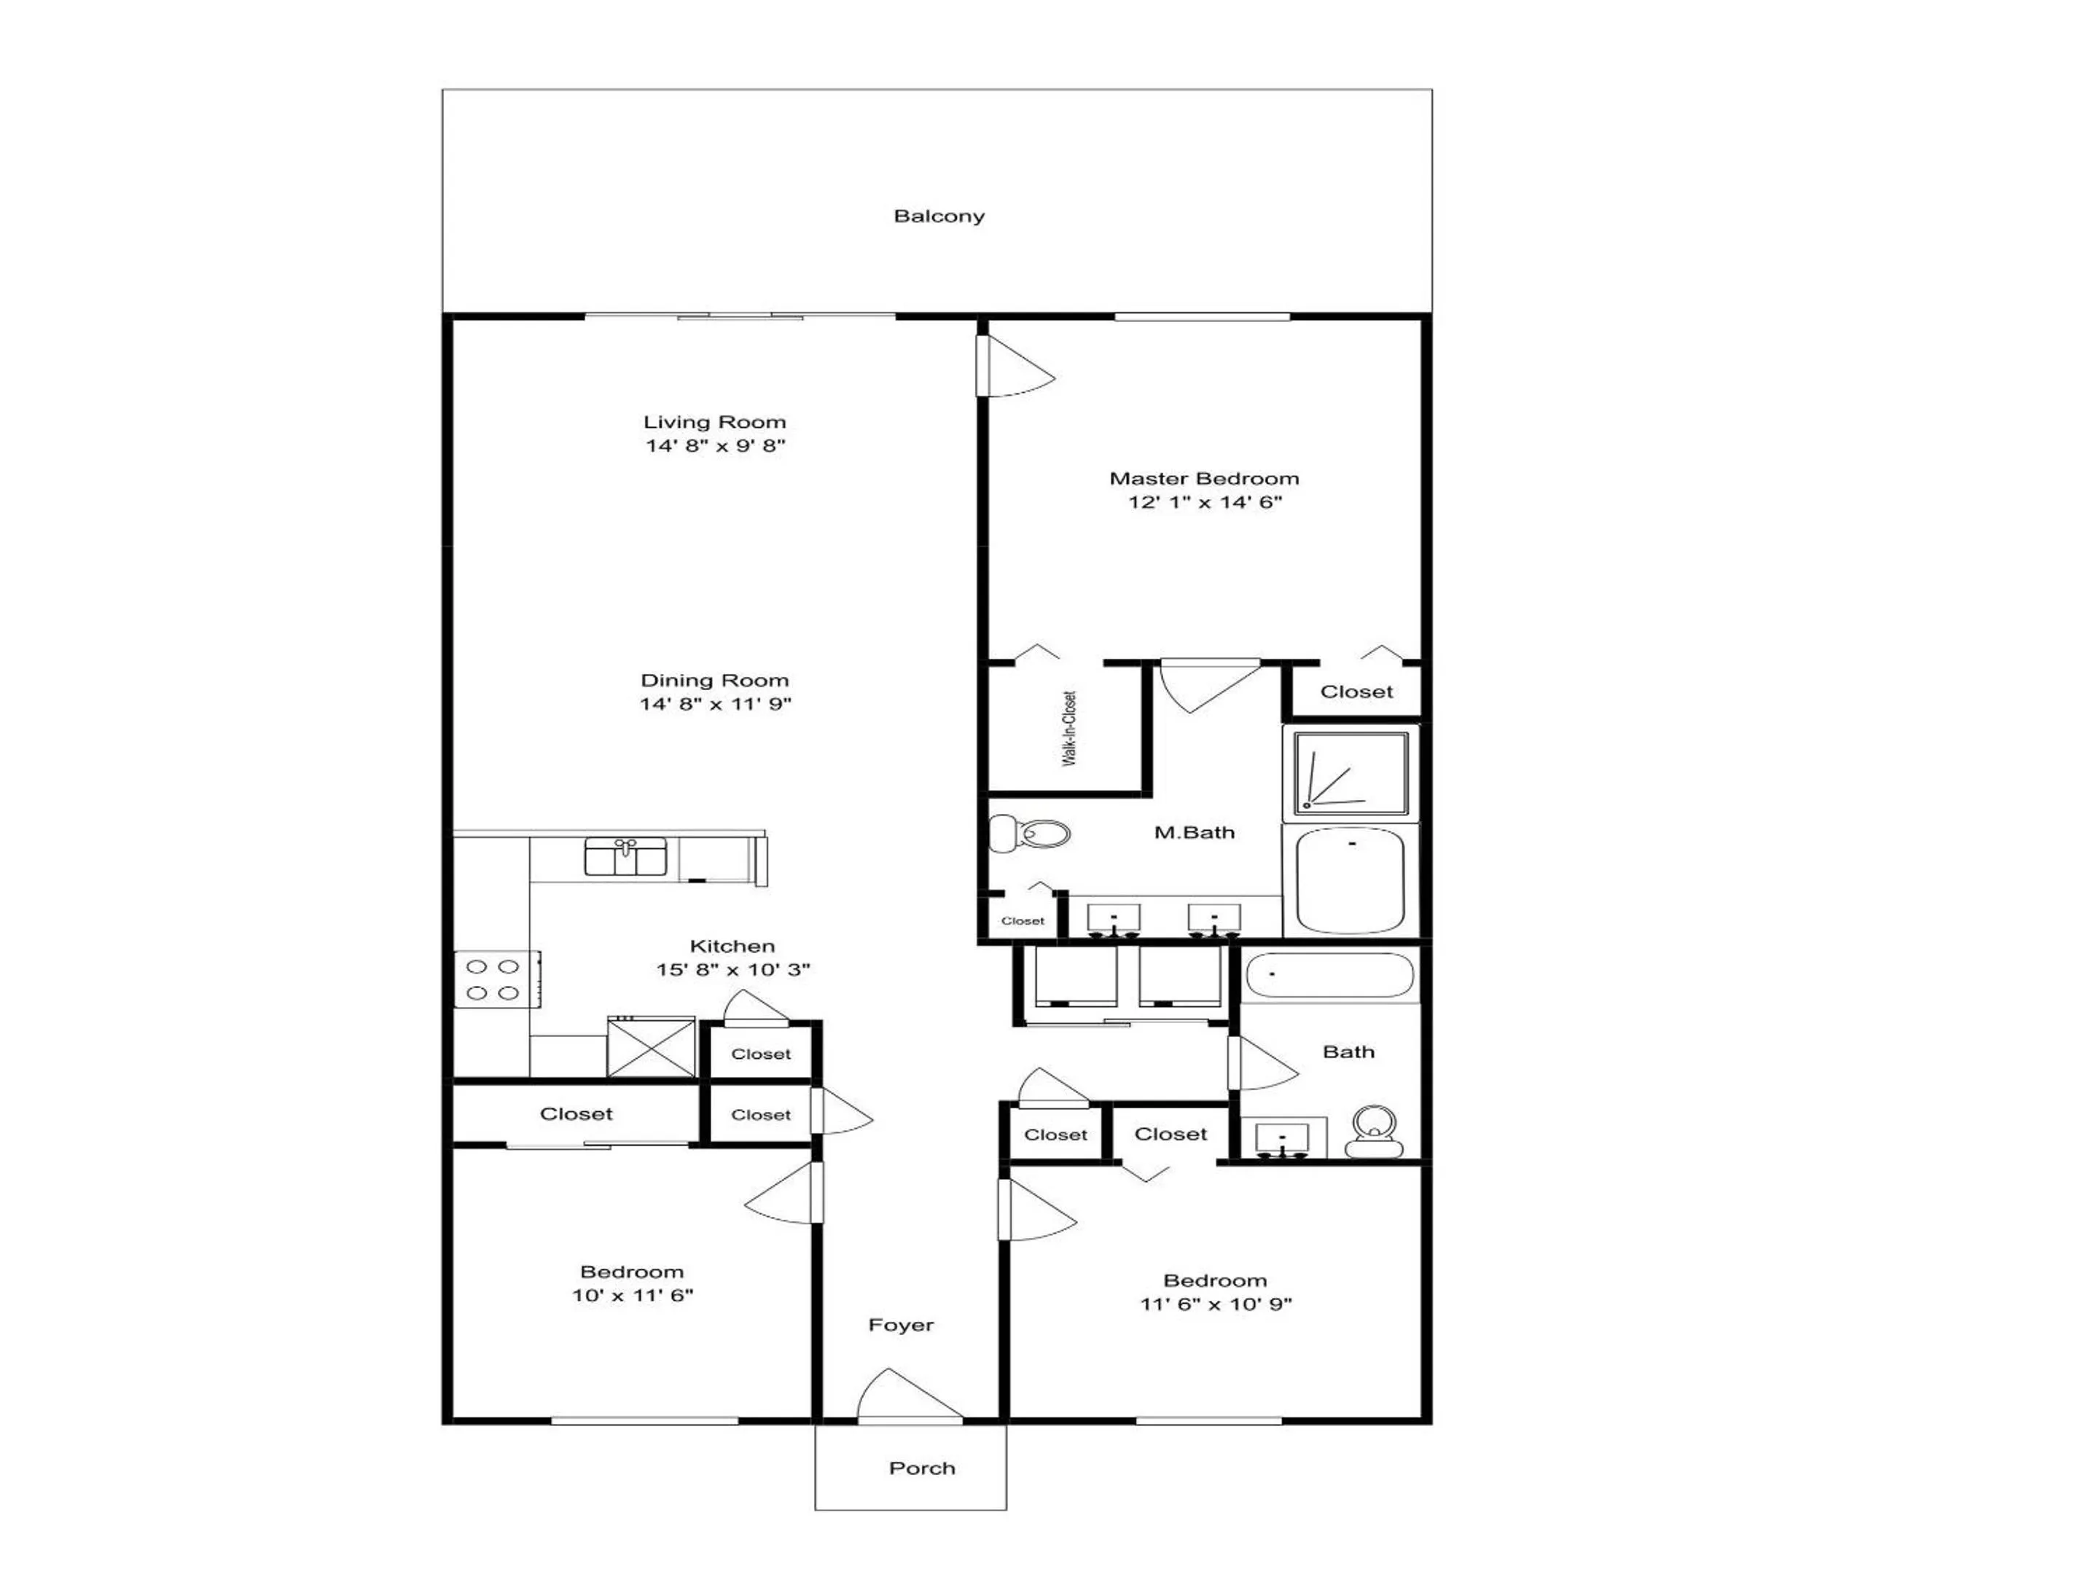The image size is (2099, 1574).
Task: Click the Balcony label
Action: [939, 216]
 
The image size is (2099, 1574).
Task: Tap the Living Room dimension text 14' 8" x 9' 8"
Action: [716, 446]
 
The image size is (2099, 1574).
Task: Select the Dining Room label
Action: [714, 681]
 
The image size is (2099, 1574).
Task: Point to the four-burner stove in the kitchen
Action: [497, 979]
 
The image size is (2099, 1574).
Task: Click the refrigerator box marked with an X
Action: [651, 1047]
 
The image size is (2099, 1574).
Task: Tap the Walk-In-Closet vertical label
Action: [1069, 729]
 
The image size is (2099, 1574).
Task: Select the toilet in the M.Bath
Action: [1028, 834]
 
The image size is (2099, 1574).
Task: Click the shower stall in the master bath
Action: [1351, 773]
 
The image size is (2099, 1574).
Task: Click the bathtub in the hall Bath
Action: [1329, 975]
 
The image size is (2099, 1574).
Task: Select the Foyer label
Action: [901, 1326]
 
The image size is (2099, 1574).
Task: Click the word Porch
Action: [921, 1468]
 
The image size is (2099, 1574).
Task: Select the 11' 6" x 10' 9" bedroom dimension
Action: [1216, 1304]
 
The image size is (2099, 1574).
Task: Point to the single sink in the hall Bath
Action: [1282, 1140]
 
